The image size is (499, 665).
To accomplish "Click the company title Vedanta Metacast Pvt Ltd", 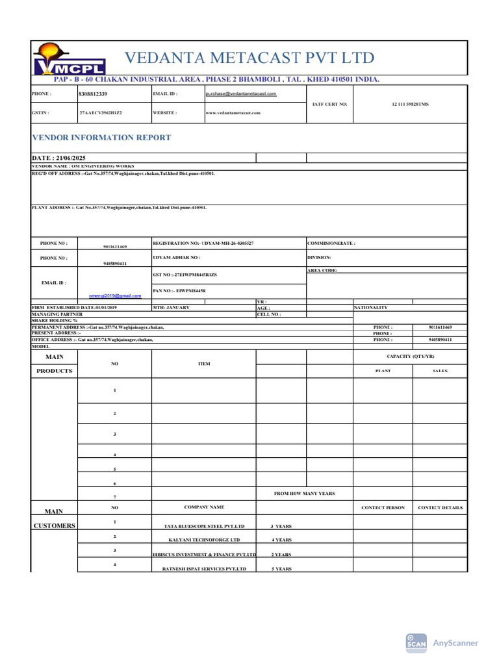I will (x=249, y=58).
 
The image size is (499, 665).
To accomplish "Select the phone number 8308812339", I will (x=93, y=94).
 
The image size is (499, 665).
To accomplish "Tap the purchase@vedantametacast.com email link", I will (x=241, y=94).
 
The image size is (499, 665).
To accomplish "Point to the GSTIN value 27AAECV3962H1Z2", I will (x=101, y=112).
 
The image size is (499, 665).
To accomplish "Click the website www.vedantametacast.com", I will (x=233, y=112).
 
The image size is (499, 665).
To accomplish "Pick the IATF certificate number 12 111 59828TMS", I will (x=410, y=104).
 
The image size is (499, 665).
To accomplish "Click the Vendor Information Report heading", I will (x=102, y=138).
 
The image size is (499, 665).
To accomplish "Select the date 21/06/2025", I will (x=59, y=158).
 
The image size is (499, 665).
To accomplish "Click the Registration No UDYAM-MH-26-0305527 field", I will (x=203, y=243).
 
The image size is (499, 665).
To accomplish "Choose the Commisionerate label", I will (x=331, y=243).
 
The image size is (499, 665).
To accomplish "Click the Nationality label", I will (x=371, y=307).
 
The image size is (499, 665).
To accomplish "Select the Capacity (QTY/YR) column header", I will (x=409, y=357).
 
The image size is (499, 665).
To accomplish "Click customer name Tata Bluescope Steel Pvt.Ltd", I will (x=204, y=526).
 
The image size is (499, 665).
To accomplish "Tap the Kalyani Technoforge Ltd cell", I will (x=204, y=540).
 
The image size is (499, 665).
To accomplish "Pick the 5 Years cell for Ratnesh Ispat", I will (x=281, y=569).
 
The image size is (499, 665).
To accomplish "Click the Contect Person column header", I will (x=383, y=508).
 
